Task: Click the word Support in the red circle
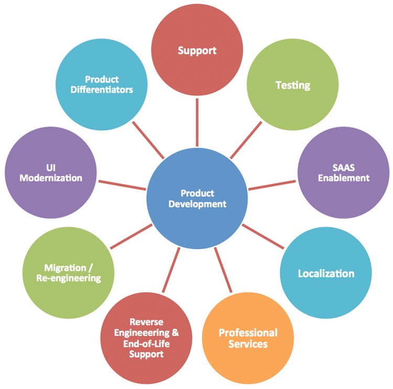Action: [x=197, y=51]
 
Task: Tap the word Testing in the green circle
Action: [x=293, y=85]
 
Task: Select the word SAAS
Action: [x=344, y=168]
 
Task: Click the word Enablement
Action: [x=344, y=178]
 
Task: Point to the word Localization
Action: [x=326, y=274]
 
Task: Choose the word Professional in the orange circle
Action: [x=248, y=333]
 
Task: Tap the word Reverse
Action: [x=146, y=322]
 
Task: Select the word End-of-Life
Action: [x=147, y=344]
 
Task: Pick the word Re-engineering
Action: [x=69, y=278]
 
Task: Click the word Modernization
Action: [x=51, y=178]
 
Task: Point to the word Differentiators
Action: [x=102, y=89]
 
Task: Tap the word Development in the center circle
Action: [x=198, y=204]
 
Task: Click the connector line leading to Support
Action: [x=197, y=122]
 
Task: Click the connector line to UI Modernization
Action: [x=122, y=185]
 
